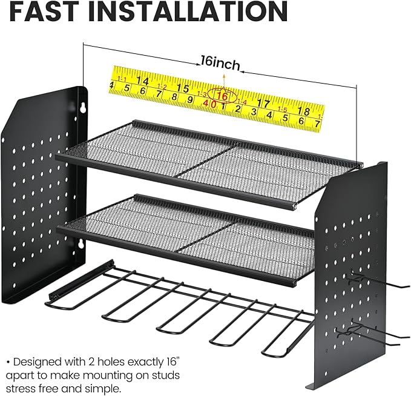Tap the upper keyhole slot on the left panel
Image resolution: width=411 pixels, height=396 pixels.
click(x=82, y=107)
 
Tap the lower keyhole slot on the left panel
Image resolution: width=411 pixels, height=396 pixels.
click(x=79, y=245)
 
